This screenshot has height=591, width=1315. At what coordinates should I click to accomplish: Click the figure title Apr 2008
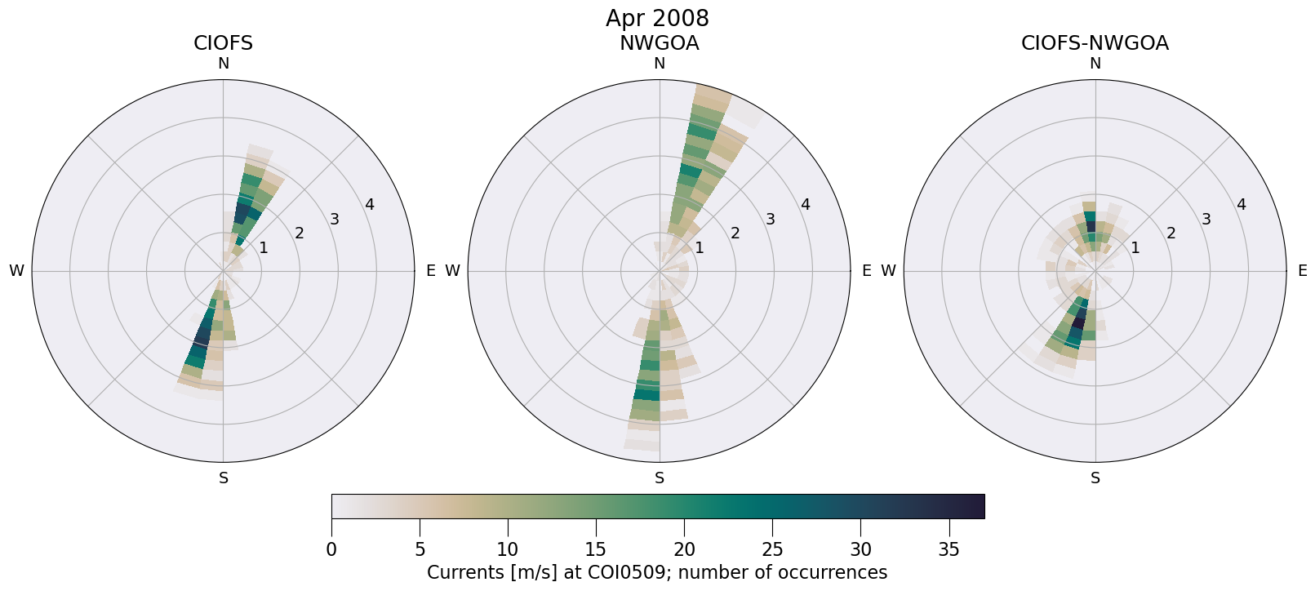click(657, 18)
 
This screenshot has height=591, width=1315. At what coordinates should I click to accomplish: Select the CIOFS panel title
click(223, 43)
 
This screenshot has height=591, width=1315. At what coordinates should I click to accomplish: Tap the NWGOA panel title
click(659, 43)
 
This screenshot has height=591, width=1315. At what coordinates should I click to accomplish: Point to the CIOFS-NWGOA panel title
click(1095, 43)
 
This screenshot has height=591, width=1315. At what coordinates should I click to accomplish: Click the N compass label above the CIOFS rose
click(223, 64)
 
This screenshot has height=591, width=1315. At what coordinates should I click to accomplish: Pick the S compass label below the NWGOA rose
click(660, 478)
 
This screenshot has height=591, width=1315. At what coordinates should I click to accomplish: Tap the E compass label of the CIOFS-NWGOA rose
click(1302, 271)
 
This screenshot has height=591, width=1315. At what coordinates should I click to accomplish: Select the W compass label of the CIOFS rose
click(16, 271)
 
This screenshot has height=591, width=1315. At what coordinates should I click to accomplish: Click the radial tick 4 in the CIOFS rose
click(370, 205)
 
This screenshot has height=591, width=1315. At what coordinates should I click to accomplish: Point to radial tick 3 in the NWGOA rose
click(770, 219)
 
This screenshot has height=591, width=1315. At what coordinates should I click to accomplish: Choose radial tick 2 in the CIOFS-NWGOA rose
click(1171, 233)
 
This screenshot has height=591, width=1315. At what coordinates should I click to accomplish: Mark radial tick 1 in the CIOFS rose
click(263, 247)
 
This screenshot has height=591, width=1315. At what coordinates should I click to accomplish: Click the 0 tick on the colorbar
click(331, 549)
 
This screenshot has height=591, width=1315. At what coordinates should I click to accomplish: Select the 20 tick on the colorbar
click(684, 549)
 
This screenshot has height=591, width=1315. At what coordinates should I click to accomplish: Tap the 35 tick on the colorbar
click(948, 549)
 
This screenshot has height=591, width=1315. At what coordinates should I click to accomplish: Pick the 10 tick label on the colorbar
click(508, 549)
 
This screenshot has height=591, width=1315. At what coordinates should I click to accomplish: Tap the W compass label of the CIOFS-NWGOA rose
click(888, 271)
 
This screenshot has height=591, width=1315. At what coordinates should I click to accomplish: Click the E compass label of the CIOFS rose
click(430, 271)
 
